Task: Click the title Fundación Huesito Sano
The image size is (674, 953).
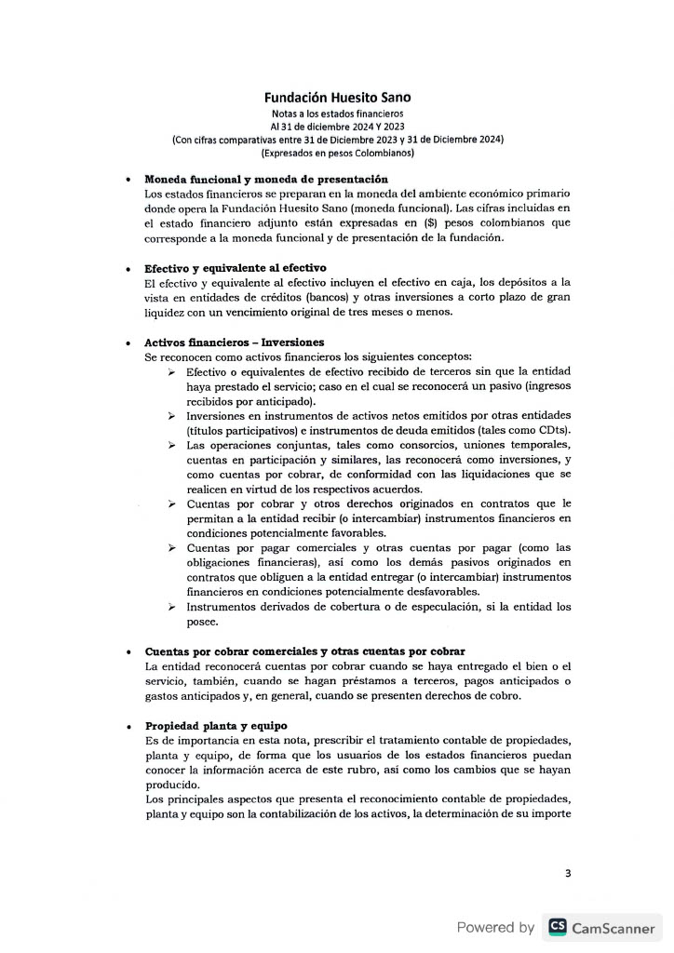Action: click(x=336, y=96)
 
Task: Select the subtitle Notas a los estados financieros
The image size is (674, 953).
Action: click(x=336, y=113)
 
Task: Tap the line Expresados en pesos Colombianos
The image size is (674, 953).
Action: click(x=337, y=152)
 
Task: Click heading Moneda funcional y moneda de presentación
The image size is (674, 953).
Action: click(x=266, y=179)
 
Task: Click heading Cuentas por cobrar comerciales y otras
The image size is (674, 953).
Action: click(x=304, y=651)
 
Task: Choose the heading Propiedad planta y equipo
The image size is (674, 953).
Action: click(x=216, y=725)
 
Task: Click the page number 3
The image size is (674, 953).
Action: click(x=568, y=873)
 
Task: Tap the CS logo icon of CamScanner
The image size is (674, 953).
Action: click(x=558, y=926)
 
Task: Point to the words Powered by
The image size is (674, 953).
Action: click(x=495, y=927)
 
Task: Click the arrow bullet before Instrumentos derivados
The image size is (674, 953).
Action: click(x=172, y=607)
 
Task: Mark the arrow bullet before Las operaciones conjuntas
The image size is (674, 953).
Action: click(x=172, y=445)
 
